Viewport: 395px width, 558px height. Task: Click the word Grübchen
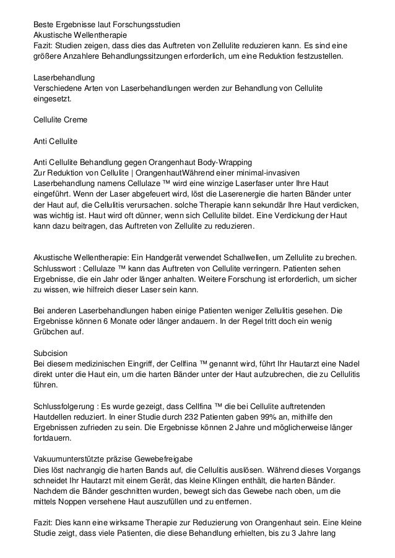[51, 334]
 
